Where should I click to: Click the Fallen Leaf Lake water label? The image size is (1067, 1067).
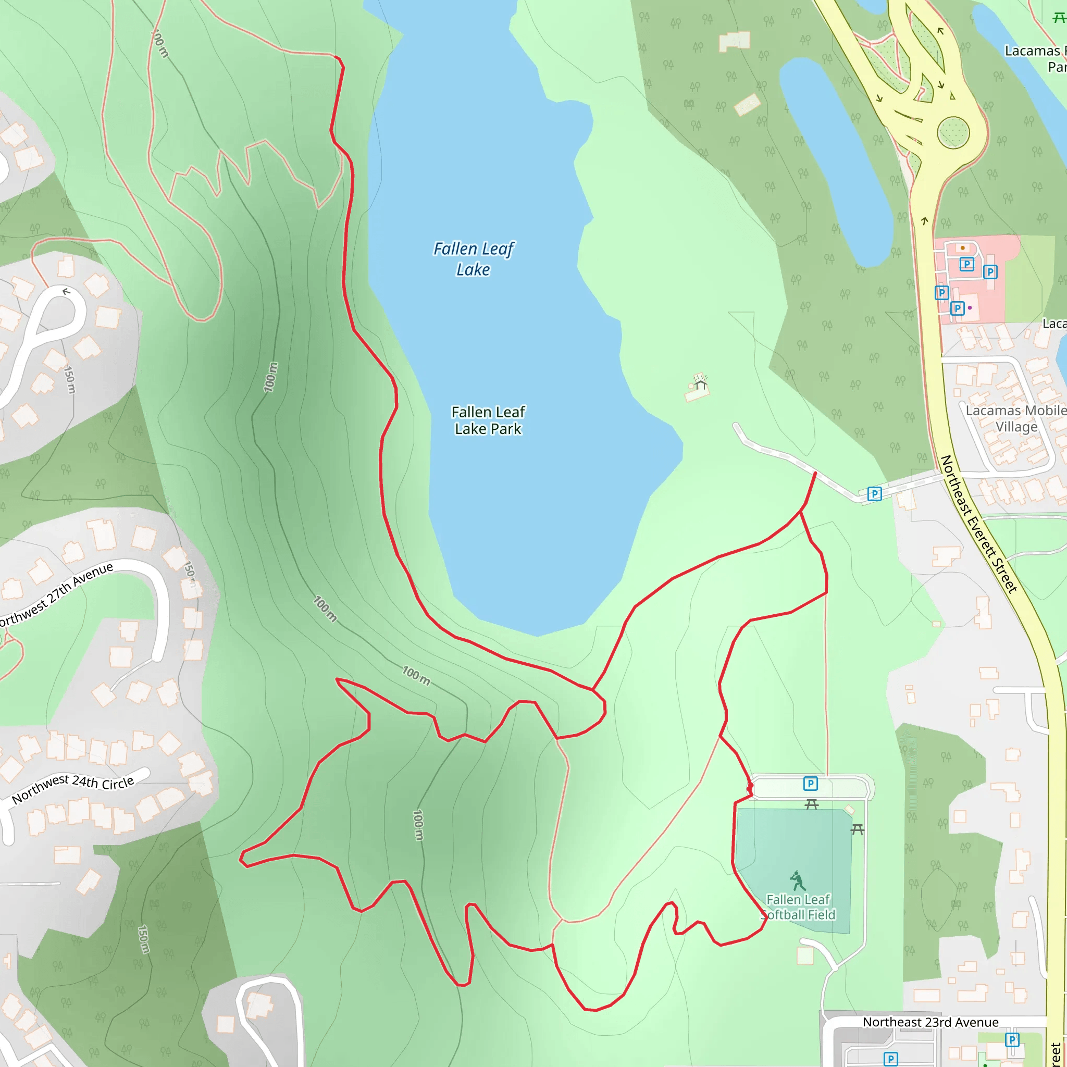473,258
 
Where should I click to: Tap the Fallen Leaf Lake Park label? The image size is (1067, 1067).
488,420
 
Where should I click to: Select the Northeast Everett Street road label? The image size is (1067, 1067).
978,524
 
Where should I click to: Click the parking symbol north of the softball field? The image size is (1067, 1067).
810,783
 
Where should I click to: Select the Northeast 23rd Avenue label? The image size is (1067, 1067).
930,1022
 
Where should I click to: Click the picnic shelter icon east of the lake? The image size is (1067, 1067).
700,381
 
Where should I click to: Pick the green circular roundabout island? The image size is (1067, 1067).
953,132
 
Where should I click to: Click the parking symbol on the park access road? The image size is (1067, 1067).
874,493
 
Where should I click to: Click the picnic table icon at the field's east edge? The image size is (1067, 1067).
857,829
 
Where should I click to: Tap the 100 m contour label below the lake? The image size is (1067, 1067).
416,675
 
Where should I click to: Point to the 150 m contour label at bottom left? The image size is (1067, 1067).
144,939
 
